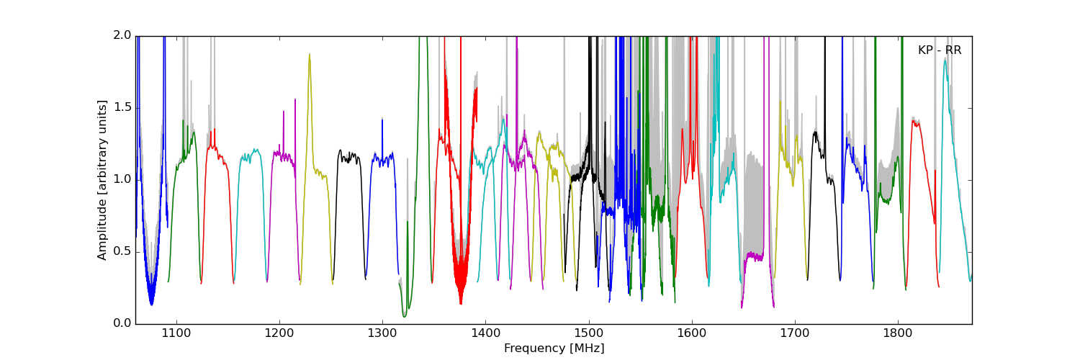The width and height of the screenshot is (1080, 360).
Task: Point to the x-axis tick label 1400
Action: pyautogui.click(x=485, y=333)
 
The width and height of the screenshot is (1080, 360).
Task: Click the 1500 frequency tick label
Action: pyautogui.click(x=589, y=333)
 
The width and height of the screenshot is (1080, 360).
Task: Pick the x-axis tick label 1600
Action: pyautogui.click(x=692, y=333)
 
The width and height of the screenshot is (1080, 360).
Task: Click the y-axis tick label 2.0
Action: pyautogui.click(x=122, y=35)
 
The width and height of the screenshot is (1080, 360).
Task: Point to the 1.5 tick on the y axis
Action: pyautogui.click(x=122, y=107)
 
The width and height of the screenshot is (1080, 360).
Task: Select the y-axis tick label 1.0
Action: pyautogui.click(x=122, y=179)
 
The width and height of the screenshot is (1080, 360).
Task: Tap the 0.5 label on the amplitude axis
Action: pyautogui.click(x=122, y=251)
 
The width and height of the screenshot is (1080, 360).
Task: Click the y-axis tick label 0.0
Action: pyautogui.click(x=122, y=323)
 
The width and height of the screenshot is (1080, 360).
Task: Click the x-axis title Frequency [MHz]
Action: pyautogui.click(x=554, y=348)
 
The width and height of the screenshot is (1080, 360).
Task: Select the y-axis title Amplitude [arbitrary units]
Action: pyautogui.click(x=102, y=180)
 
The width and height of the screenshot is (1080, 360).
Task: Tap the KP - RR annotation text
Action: pyautogui.click(x=940, y=50)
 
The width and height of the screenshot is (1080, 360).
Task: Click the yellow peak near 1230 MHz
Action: pyautogui.click(x=310, y=55)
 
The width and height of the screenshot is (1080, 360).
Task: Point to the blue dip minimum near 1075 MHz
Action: pyautogui.click(x=151, y=304)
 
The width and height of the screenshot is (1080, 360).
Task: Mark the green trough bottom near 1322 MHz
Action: pyautogui.click(x=405, y=316)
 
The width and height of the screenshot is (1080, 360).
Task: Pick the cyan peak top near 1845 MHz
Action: pyautogui.click(x=945, y=60)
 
